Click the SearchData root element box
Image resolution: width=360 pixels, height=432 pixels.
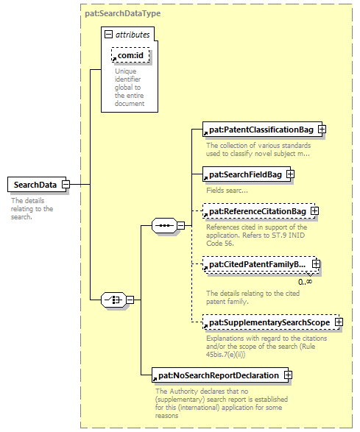(x=37, y=184)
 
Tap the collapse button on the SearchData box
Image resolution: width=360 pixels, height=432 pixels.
(x=66, y=184)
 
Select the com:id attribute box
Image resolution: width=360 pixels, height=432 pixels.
(x=130, y=55)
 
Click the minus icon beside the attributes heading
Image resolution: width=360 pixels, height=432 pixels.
(x=109, y=34)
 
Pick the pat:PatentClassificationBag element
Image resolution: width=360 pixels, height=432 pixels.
(x=262, y=130)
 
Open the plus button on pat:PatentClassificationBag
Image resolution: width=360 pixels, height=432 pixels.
(x=322, y=130)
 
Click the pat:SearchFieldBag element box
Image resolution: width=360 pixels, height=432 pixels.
(x=247, y=174)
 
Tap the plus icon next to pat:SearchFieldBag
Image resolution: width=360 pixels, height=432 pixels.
(x=290, y=174)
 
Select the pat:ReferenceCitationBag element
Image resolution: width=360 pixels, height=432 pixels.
(x=258, y=211)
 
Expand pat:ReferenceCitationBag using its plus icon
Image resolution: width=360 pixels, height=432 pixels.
(x=314, y=211)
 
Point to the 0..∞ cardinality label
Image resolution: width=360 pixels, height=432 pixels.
(x=305, y=282)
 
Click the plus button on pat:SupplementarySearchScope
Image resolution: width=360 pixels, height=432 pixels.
(x=339, y=322)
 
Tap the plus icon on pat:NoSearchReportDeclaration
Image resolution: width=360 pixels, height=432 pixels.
(x=288, y=375)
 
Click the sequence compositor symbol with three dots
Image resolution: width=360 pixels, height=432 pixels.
(x=165, y=225)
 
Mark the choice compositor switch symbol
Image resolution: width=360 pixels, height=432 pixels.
(x=113, y=300)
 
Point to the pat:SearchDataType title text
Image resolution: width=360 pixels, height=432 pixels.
(x=123, y=13)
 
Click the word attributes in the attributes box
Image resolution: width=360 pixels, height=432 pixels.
(x=133, y=35)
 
